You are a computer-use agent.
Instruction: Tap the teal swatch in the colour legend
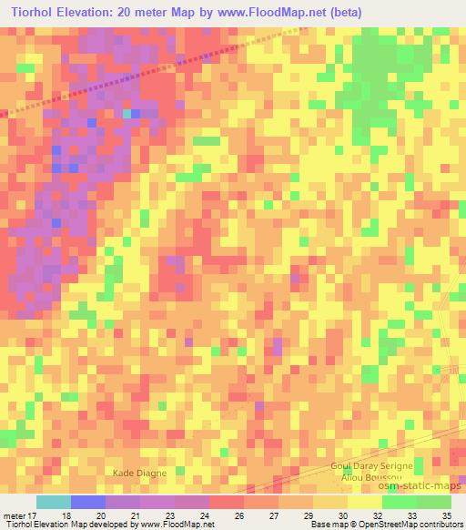tap(53, 503)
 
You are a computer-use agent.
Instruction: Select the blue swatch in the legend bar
tap(88, 503)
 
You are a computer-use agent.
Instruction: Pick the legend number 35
tap(446, 515)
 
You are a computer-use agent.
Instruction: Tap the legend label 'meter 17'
tap(21, 515)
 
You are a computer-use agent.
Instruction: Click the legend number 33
tap(411, 515)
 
